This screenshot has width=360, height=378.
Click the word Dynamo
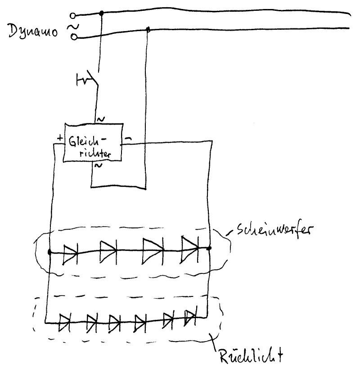33,32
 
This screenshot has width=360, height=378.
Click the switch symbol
87,80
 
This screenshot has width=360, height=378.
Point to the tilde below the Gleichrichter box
97,166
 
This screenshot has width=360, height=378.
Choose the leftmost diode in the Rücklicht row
66,321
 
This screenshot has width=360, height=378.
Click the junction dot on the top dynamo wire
101,14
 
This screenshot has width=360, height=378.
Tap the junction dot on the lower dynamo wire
148,30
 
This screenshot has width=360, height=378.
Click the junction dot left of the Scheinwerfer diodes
49,252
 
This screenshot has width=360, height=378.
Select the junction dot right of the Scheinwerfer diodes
209,247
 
